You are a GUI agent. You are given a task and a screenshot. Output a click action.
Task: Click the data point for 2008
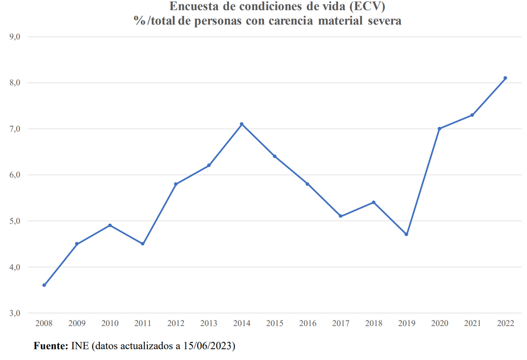point(44,285)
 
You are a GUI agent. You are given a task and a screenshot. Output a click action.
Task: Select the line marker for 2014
point(242,124)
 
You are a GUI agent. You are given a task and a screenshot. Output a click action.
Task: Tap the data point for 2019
point(406,234)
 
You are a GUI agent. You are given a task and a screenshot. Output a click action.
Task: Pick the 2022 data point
point(505,78)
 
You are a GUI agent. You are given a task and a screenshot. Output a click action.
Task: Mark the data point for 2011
point(143,244)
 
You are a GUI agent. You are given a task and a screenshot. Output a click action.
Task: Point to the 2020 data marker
point(439,129)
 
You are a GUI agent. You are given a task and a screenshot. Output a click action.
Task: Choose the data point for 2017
point(341,216)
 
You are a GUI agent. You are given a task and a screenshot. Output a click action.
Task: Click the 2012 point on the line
point(176,184)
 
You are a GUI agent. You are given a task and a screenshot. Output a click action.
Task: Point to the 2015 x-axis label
point(275,324)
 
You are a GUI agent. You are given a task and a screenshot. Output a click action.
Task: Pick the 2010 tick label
point(110,324)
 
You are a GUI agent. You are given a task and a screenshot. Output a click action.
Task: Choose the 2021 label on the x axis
point(472,324)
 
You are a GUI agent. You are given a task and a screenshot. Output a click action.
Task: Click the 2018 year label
point(373,324)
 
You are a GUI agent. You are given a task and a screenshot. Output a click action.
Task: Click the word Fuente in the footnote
point(51,347)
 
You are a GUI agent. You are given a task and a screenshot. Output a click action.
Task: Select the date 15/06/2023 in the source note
point(207,347)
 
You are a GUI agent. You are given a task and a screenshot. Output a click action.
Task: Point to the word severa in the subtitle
point(383,21)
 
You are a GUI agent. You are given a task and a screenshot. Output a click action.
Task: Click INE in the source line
point(79,347)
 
